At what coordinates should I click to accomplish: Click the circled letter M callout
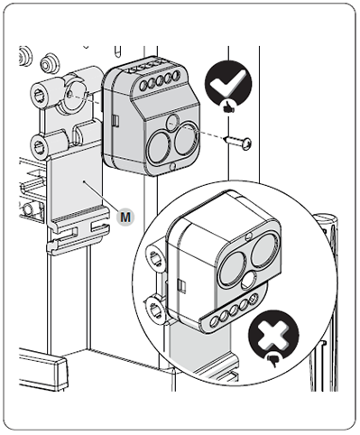coord(125,217)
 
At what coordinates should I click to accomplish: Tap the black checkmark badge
coord(228,83)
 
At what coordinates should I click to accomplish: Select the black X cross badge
coord(273,335)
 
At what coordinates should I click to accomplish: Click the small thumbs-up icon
coord(227,106)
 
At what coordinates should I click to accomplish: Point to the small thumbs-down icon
coord(273,359)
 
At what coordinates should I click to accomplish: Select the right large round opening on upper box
coord(186,138)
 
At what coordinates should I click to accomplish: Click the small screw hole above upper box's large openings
coord(172,119)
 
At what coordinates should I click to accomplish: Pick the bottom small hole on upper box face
coord(172,166)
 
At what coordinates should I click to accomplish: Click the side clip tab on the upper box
coord(115,121)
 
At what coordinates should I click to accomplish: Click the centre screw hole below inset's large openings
coord(249,278)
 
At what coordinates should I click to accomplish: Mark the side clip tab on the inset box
coord(181,285)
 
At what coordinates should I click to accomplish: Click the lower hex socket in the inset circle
coord(156,309)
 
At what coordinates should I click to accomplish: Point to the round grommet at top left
coord(48,63)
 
